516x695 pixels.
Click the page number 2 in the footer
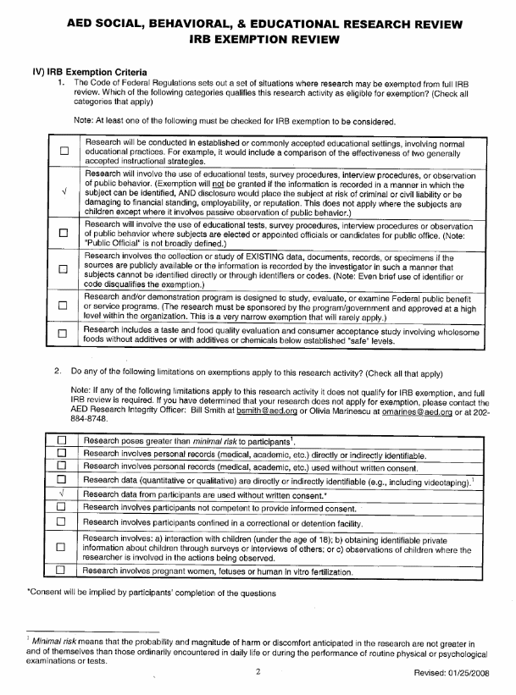coord(256,672)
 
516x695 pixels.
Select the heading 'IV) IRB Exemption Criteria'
coord(89,73)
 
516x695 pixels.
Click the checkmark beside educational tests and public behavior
coord(64,191)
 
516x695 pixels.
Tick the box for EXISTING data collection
coord(64,269)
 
